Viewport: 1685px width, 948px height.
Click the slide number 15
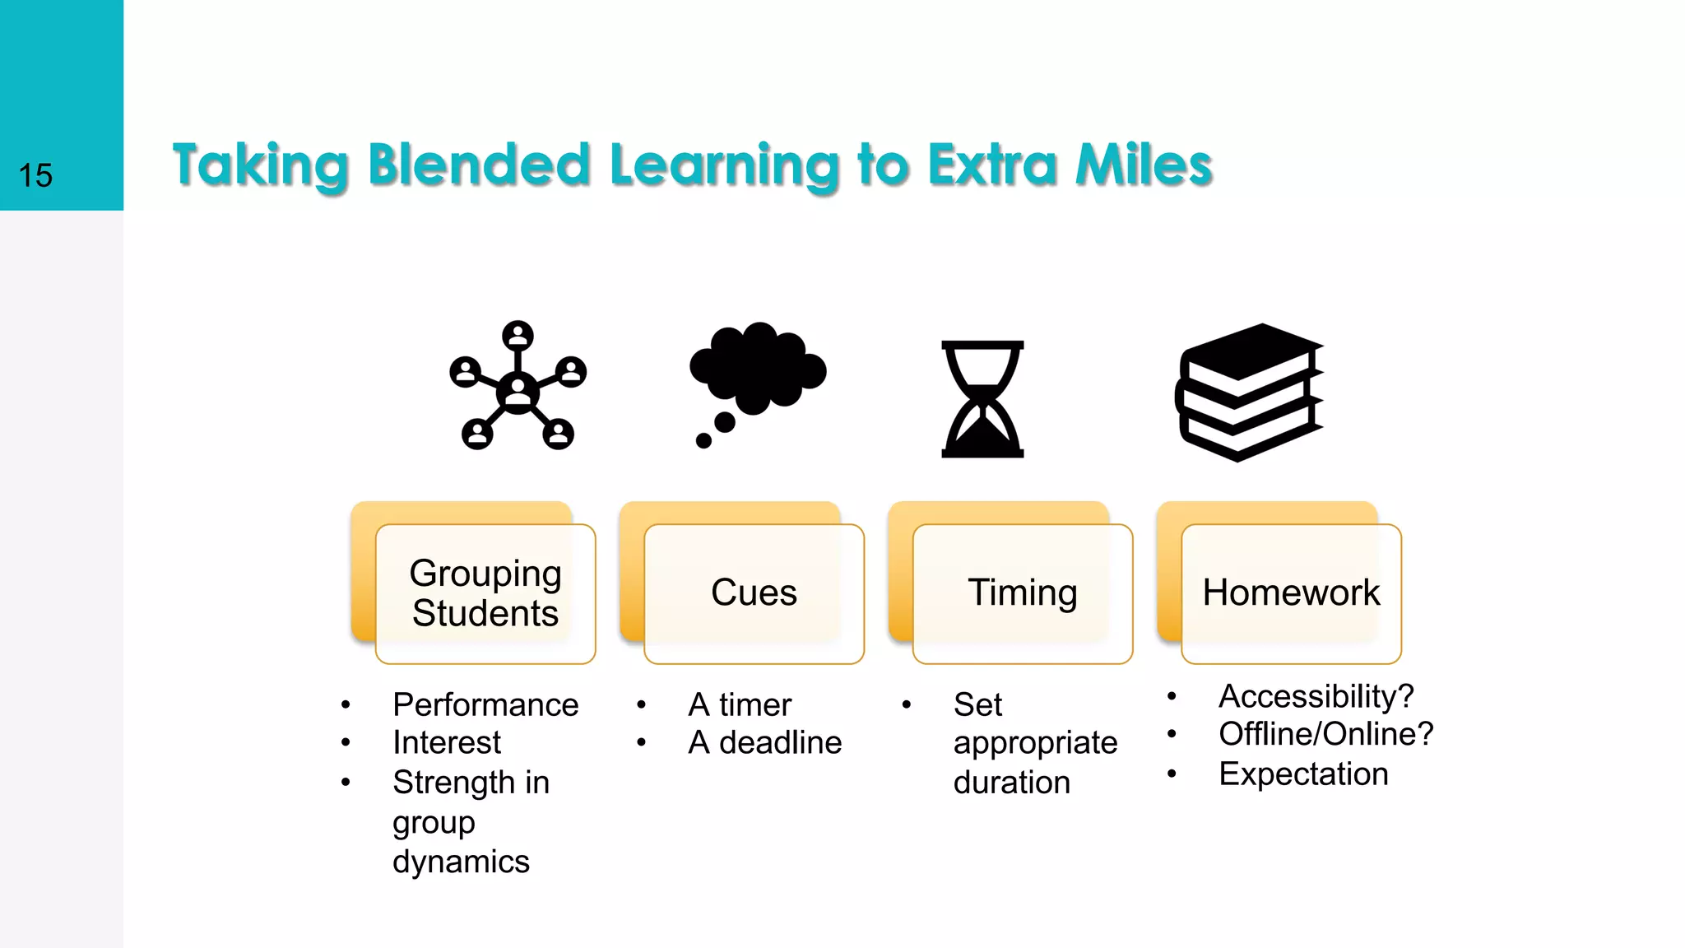pos(35,175)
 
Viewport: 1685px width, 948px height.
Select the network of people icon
pos(518,386)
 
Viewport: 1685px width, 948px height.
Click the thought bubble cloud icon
pos(757,374)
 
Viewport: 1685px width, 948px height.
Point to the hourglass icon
pos(982,399)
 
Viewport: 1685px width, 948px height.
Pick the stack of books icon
pos(1250,392)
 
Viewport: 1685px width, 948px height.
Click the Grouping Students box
pos(485,593)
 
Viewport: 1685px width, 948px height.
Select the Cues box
pos(754,593)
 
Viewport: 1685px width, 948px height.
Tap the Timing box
pos(1023,593)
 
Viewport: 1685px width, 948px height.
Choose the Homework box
pos(1291,593)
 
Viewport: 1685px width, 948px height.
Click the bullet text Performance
pos(485,705)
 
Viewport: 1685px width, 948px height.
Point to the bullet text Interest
pos(447,743)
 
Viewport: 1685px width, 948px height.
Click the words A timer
pos(740,705)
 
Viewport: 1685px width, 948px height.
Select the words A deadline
pos(764,743)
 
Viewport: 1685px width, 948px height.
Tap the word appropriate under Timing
pos(1035,743)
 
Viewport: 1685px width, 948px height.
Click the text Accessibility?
pos(1316,696)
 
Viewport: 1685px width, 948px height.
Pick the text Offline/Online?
pos(1325,734)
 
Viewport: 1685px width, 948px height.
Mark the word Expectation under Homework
pos(1303,774)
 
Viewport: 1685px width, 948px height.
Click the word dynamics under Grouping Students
pos(461,862)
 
